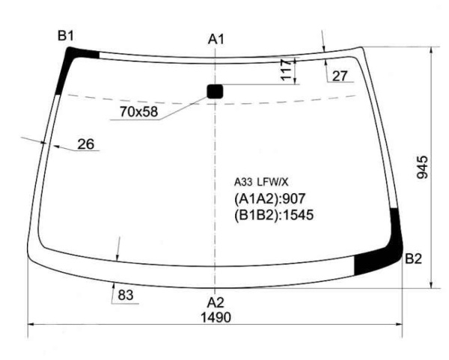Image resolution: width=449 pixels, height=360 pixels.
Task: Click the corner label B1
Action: point(68,35)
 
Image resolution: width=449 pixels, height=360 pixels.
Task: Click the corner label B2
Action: point(414,260)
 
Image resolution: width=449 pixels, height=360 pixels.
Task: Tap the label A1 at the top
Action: point(216,39)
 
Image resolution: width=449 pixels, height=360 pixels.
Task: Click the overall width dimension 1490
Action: point(216,317)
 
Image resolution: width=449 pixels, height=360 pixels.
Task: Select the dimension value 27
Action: point(340,76)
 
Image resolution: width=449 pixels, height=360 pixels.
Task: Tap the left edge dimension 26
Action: point(86,144)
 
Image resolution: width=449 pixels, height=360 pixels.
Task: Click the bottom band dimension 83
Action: point(126,296)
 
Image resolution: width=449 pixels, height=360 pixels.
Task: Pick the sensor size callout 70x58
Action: point(138,112)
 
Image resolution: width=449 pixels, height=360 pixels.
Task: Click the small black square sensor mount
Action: point(216,91)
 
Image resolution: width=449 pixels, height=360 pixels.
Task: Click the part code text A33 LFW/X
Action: point(261,182)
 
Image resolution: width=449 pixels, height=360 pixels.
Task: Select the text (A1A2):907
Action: point(271,198)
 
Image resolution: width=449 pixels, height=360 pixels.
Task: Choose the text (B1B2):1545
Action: point(273,215)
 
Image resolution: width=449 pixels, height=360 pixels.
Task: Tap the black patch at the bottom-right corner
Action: point(378,258)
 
